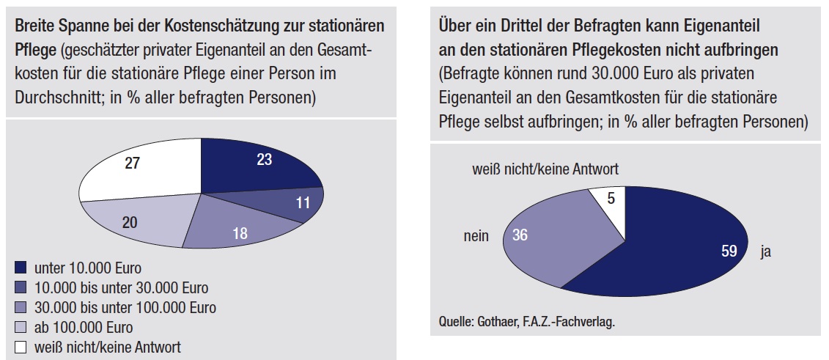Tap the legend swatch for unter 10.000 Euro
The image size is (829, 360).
point(20,268)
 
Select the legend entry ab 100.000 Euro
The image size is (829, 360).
point(89,327)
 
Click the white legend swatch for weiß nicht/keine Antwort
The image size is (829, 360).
point(20,347)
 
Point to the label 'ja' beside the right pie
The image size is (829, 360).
point(767,251)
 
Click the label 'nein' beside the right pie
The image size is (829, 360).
point(476,237)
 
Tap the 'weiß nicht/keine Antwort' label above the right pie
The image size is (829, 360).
point(546,169)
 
